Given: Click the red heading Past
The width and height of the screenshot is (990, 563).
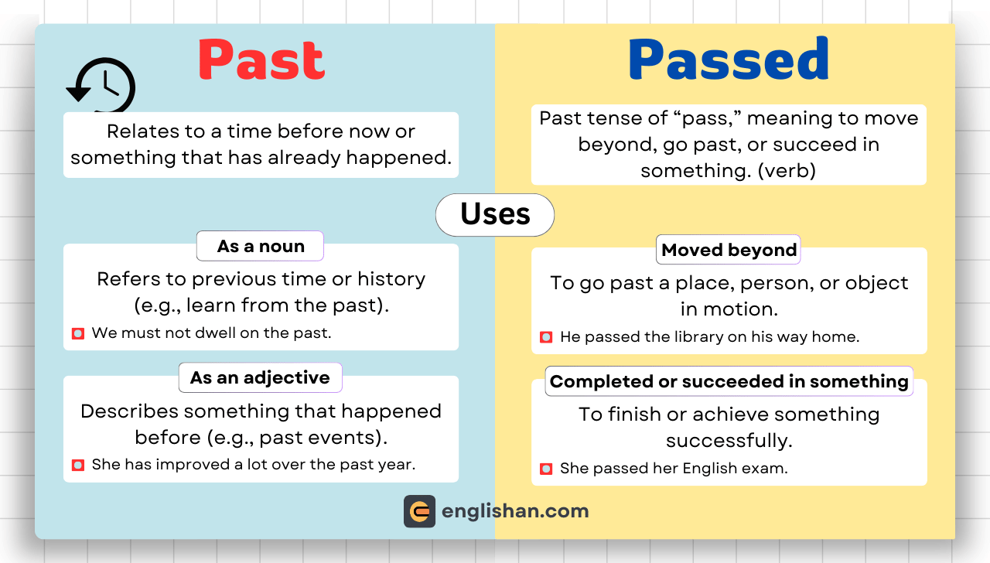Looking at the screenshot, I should tap(261, 60).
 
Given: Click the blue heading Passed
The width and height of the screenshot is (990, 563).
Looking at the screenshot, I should tap(729, 60).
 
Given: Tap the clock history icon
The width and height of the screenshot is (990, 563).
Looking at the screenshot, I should tap(102, 86).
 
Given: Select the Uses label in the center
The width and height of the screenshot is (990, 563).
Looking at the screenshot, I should tap(495, 214).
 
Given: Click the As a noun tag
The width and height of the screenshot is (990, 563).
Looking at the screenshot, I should tap(260, 246).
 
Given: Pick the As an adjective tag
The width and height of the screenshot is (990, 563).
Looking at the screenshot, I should tap(260, 377).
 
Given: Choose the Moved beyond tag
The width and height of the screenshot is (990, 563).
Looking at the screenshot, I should tap(729, 250).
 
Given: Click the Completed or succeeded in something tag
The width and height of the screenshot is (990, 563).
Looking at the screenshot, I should tap(729, 381).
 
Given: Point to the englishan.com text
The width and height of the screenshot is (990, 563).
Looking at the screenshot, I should tap(515, 511).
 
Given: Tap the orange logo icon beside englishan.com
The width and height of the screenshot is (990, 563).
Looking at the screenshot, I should tap(419, 511).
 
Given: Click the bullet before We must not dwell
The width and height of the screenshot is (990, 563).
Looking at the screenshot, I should tap(78, 333).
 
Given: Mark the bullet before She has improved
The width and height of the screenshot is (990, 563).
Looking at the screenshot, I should tap(78, 465).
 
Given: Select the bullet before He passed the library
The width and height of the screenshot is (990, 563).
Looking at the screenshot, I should tap(546, 337).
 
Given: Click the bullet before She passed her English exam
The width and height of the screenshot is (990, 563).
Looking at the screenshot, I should tap(546, 469).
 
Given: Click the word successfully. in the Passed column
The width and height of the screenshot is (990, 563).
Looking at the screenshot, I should tap(729, 440).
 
